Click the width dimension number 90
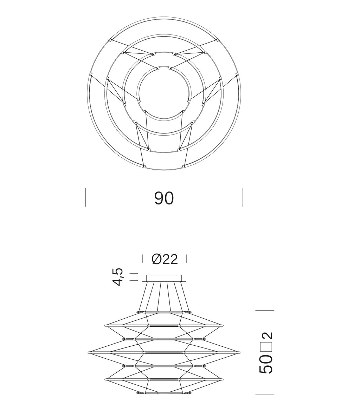click(164, 198)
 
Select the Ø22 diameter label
click(165, 259)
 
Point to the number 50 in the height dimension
click(266, 364)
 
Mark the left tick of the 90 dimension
click(85, 197)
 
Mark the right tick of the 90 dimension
click(242, 197)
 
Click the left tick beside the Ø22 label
click(143, 259)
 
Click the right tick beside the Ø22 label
click(186, 259)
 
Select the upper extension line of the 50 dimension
click(264, 310)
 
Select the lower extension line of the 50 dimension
click(264, 394)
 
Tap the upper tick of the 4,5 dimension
click(134, 273)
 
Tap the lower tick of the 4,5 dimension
click(134, 280)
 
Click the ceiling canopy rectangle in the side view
click(164, 278)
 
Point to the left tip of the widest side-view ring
click(88, 352)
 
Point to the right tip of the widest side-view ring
click(240, 352)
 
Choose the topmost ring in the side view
click(164, 312)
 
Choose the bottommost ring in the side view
click(164, 393)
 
